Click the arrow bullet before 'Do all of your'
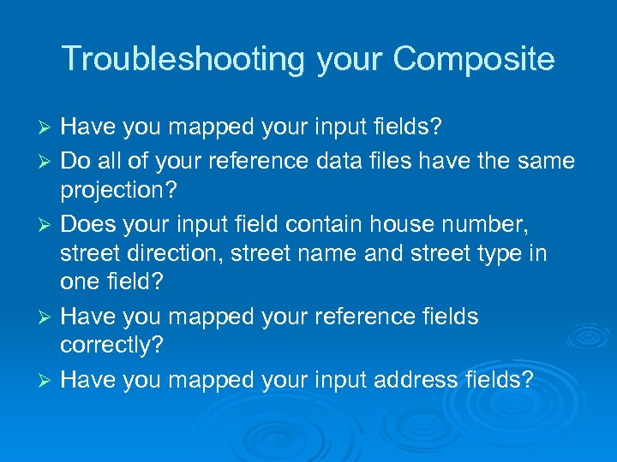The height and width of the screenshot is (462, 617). [x=49, y=161]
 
